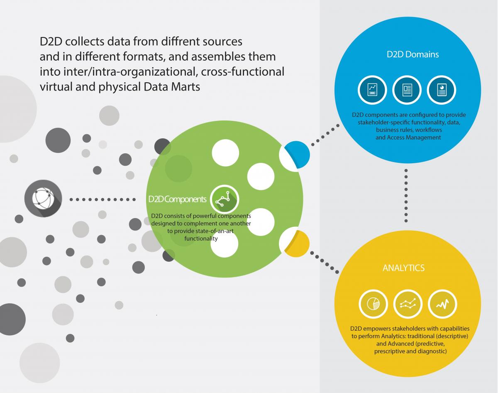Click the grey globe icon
pos(43,199)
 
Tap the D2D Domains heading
pos(407,54)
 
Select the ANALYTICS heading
pos(403,268)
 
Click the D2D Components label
pos(177,199)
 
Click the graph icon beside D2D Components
pos(225,199)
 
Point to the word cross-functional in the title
pos(243,71)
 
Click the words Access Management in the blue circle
pos(408,137)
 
